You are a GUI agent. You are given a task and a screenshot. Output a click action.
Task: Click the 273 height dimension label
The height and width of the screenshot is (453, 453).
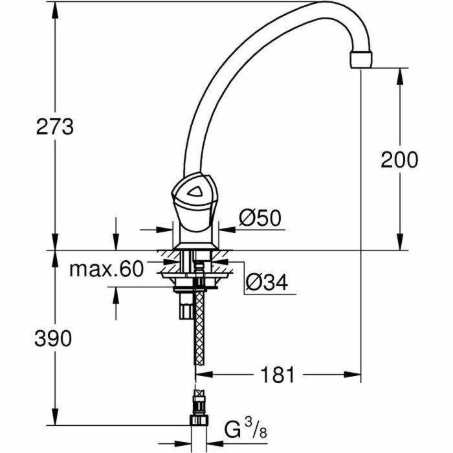(55, 127)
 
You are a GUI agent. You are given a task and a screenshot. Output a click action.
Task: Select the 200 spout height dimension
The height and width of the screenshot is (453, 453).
(399, 159)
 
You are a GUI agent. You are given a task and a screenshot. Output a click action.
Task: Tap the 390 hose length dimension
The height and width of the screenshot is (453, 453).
(54, 337)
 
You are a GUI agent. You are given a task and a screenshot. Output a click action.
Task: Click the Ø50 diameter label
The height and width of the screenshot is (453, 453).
(260, 219)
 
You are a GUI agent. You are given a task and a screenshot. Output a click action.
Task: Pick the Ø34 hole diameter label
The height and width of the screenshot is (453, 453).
(266, 282)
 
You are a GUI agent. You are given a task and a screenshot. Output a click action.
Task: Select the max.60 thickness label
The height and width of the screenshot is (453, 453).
(106, 269)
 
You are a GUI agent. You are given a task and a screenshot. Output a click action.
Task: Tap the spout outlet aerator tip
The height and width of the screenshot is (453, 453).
(362, 60)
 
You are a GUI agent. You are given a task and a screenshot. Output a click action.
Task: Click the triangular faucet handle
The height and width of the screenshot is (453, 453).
(193, 192)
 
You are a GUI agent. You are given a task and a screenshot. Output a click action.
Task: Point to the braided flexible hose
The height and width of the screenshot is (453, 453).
(199, 330)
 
